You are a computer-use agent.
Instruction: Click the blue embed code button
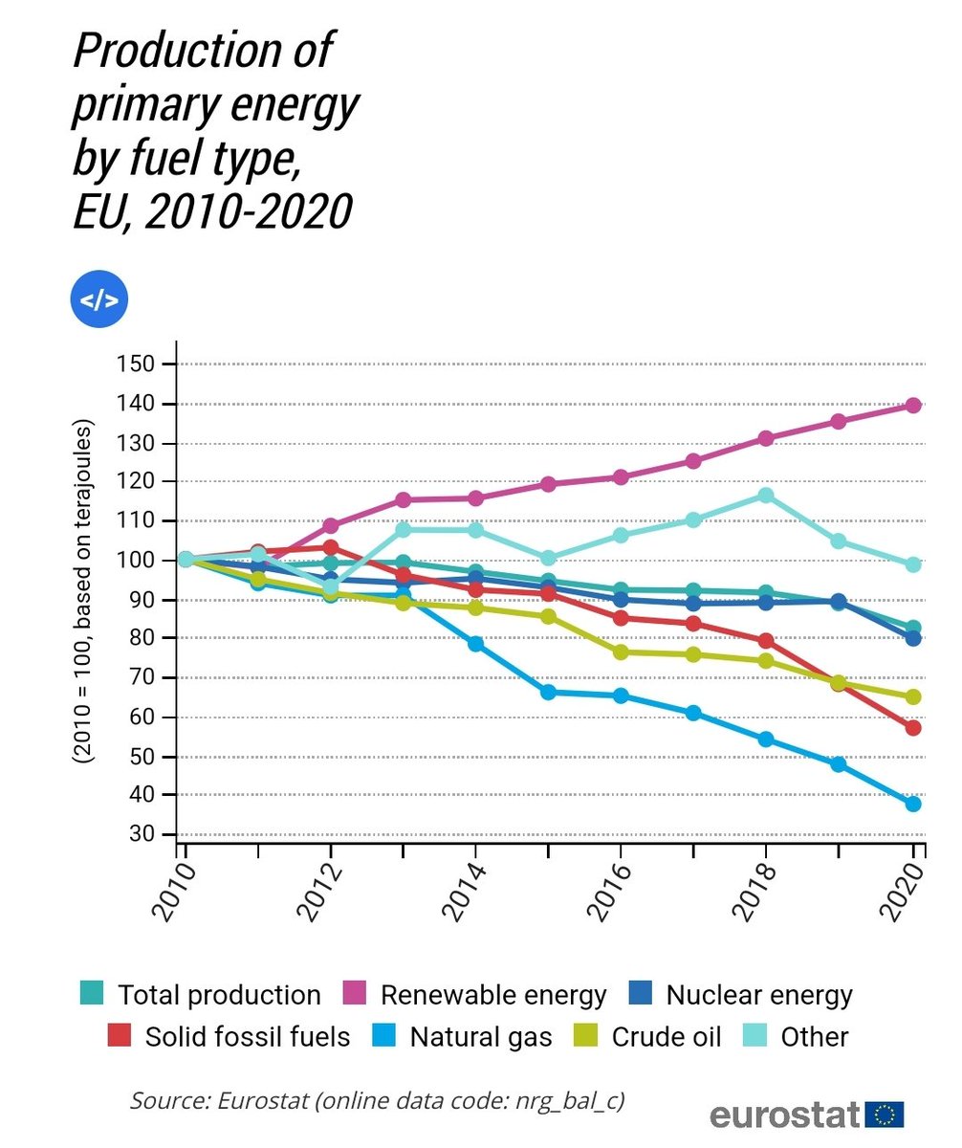pyautogui.click(x=98, y=300)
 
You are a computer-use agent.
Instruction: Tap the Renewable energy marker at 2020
pyautogui.click(x=913, y=406)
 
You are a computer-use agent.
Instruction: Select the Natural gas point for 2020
pyautogui.click(x=913, y=804)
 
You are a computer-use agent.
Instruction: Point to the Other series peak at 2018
pyautogui.click(x=766, y=495)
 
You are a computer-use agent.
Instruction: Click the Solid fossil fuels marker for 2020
pyautogui.click(x=913, y=728)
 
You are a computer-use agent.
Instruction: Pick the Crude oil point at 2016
pyautogui.click(x=620, y=652)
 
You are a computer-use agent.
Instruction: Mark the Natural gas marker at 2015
pyautogui.click(x=548, y=692)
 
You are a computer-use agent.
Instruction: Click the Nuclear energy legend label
pyautogui.click(x=758, y=995)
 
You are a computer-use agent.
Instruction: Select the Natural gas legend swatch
pyautogui.click(x=385, y=1036)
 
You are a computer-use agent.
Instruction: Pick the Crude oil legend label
pyautogui.click(x=667, y=1037)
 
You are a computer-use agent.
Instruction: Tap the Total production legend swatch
pyautogui.click(x=93, y=994)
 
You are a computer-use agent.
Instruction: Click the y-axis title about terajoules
pyautogui.click(x=85, y=590)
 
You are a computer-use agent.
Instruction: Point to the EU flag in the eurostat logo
pyautogui.click(x=884, y=1115)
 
